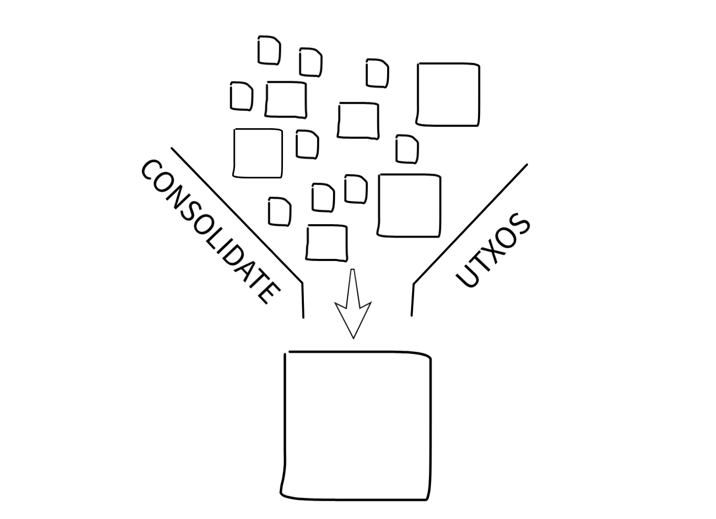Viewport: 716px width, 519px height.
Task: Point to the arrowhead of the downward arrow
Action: tap(352, 319)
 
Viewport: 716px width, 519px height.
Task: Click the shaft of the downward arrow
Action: tap(352, 286)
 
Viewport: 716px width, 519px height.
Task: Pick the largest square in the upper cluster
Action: tap(448, 94)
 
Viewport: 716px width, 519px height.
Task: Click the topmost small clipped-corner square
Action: tap(269, 50)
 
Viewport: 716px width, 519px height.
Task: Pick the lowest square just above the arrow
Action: tap(327, 243)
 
